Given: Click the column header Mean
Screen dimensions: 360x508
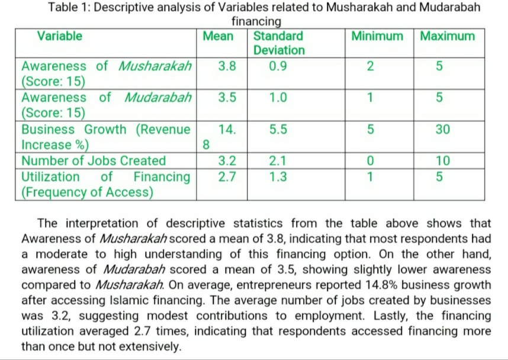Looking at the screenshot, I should pos(218,36).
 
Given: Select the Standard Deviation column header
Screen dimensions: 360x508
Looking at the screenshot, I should pos(279,43).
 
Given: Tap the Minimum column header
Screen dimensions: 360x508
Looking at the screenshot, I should pos(377,36).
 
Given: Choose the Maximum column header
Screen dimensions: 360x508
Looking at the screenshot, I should pos(447,36).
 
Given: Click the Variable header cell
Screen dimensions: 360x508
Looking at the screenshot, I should pos(59,36).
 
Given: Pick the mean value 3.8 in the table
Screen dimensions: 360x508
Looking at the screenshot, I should pos(227,66).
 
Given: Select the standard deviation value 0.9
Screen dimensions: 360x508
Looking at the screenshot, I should pos(278,66).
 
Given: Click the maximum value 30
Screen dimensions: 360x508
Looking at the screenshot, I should pos(442,130).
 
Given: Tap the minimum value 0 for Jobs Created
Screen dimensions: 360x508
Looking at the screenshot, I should pos(370,161).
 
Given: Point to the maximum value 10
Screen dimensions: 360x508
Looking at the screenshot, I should pos(442,161).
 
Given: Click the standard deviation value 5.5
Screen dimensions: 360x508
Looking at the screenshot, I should pos(278,130).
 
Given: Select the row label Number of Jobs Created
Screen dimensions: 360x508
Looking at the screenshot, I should pos(94,161).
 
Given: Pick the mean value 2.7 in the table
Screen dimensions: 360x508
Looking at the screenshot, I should pos(227,176).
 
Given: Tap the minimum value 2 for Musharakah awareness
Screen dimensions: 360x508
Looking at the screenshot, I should pos(370,66).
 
